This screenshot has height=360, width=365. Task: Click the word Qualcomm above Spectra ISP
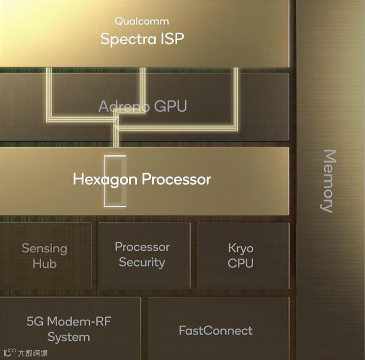pyautogui.click(x=142, y=21)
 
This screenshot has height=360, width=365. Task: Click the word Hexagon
pyautogui.click(x=106, y=179)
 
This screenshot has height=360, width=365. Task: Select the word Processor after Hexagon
pyautogui.click(x=176, y=179)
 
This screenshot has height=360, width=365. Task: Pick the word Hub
pyautogui.click(x=44, y=264)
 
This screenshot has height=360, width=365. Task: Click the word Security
pyautogui.click(x=142, y=262)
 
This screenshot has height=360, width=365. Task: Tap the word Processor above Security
pyautogui.click(x=142, y=247)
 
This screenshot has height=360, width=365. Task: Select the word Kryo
pyautogui.click(x=241, y=248)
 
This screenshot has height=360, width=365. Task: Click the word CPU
pyautogui.click(x=241, y=263)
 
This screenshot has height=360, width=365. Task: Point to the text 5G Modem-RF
pyautogui.click(x=68, y=321)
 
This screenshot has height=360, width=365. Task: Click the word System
pyautogui.click(x=68, y=337)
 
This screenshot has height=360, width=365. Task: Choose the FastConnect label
pyautogui.click(x=216, y=331)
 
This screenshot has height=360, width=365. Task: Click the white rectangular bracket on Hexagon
pyautogui.click(x=116, y=181)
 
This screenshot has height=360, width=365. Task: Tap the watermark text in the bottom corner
pyautogui.click(x=33, y=353)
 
